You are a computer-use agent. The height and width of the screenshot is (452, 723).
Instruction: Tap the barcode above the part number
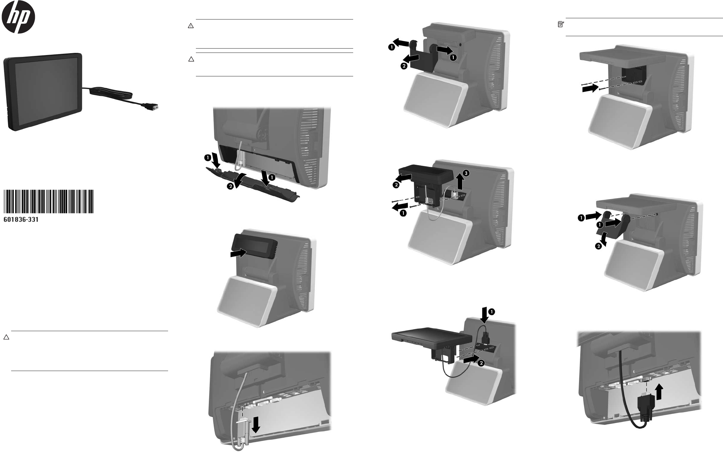click(x=49, y=201)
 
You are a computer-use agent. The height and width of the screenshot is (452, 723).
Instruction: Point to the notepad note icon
click(x=560, y=24)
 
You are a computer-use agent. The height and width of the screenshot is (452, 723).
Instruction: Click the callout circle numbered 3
click(x=466, y=173)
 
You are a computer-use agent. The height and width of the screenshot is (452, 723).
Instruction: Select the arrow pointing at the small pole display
click(x=238, y=253)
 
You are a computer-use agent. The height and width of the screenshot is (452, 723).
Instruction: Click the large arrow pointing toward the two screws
click(x=590, y=89)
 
